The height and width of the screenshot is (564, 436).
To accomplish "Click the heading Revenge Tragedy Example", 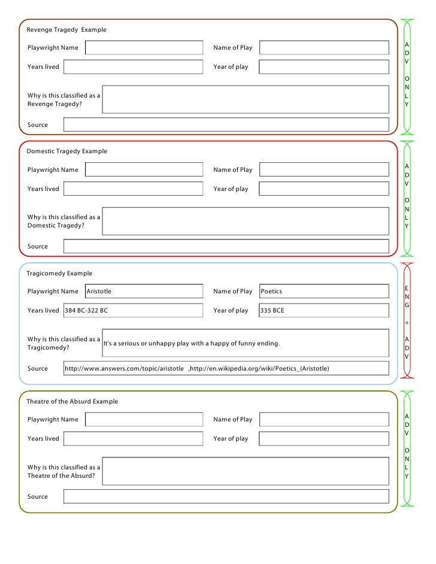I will pyautogui.click(x=66, y=29).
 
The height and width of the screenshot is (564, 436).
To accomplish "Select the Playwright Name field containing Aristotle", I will pyautogui.click(x=144, y=291).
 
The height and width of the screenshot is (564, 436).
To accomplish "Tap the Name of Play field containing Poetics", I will pyautogui.click(x=323, y=291).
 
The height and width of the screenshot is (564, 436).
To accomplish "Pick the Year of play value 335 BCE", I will pyautogui.click(x=272, y=310).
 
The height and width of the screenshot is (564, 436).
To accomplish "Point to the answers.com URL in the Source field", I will pyautogui.click(x=124, y=368).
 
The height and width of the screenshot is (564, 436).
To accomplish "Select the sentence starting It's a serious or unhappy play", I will pyautogui.click(x=192, y=344).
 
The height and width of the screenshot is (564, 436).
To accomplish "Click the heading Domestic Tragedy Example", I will pyautogui.click(x=67, y=151).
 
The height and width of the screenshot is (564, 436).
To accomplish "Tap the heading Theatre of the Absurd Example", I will pyautogui.click(x=72, y=401).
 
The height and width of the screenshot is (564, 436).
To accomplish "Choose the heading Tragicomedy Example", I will pyautogui.click(x=59, y=273).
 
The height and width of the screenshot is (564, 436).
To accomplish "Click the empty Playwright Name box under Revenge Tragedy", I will pyautogui.click(x=144, y=47).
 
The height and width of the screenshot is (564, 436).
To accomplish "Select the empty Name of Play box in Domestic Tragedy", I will pyautogui.click(x=323, y=169).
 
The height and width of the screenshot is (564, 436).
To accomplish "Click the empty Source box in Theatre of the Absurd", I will pyautogui.click(x=226, y=496).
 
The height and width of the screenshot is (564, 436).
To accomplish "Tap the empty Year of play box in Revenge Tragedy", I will pyautogui.click(x=323, y=66).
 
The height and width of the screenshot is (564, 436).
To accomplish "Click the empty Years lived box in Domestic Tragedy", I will pyautogui.click(x=133, y=189).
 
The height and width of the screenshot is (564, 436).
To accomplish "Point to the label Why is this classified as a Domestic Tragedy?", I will pyautogui.click(x=63, y=221).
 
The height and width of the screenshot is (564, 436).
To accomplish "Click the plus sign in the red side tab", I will pyautogui.click(x=407, y=322).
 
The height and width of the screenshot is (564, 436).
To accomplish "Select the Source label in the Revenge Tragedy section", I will pyautogui.click(x=38, y=125).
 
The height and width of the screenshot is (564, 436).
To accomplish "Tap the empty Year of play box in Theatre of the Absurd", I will pyautogui.click(x=323, y=438).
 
